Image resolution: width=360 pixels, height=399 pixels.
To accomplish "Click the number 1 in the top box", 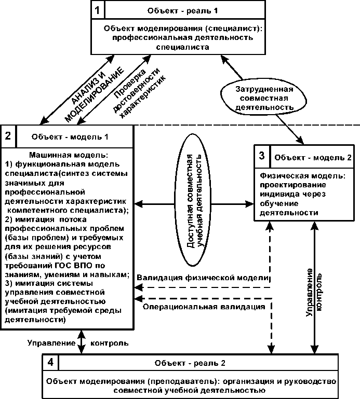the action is [98, 10].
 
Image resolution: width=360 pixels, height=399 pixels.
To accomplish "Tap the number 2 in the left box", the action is [8, 135].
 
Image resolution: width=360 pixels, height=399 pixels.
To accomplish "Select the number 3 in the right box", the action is [262, 156].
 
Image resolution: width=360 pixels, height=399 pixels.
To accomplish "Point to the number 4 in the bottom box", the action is [51, 362].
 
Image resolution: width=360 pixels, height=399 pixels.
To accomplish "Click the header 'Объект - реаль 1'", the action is [182, 11].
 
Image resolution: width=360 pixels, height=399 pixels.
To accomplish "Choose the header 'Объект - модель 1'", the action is [70, 137].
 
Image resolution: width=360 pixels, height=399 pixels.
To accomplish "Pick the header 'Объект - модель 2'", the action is [313, 158].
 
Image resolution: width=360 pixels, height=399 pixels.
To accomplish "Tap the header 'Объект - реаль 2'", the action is [190, 363].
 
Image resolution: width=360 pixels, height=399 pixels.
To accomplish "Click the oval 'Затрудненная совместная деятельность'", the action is [264, 98].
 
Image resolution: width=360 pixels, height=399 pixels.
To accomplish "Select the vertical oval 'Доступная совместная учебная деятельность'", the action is [193, 200].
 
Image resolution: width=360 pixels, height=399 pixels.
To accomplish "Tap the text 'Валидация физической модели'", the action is [203, 278].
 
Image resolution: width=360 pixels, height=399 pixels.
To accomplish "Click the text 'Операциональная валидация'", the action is [204, 307].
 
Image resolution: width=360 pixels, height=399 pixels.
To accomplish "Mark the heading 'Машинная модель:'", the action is [69, 155].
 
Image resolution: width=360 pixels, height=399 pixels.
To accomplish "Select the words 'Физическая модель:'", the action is [303, 175].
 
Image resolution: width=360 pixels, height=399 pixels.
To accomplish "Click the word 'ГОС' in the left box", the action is [64, 265].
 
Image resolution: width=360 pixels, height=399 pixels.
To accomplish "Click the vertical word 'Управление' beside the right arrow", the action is [309, 293].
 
